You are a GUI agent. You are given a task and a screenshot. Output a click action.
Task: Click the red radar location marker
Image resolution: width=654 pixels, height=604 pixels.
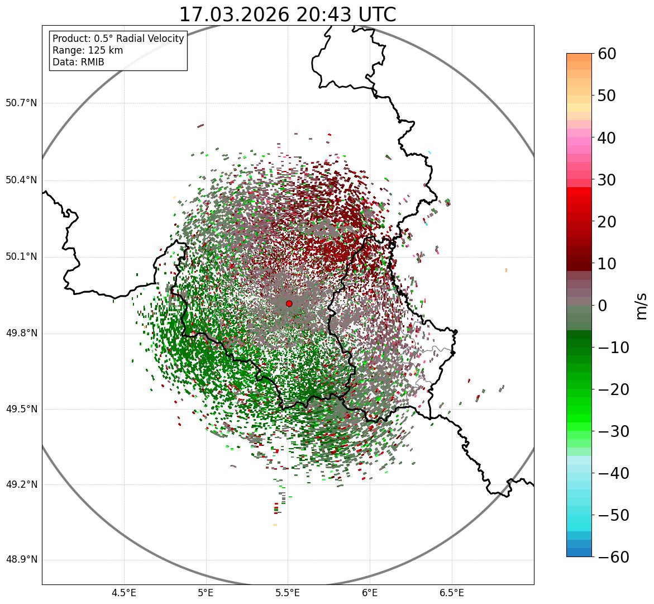coord(289,303)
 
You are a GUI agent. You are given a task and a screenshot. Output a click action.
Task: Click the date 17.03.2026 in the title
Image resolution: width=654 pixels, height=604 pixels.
coord(234,15)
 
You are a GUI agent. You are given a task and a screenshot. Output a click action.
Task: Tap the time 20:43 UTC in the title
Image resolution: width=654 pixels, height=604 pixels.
coord(346,15)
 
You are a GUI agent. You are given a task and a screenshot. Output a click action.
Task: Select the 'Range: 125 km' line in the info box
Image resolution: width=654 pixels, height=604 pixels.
coord(88,50)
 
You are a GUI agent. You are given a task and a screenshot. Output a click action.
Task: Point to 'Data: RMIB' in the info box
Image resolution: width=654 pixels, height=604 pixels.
coord(78,62)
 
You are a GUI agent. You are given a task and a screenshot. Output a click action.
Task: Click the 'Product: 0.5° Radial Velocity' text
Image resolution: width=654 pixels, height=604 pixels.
coord(118,39)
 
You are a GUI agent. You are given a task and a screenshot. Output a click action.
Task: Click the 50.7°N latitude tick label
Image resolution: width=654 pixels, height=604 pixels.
coord(21,103)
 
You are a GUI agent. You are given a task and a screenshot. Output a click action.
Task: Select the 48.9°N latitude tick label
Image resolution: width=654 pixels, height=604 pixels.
coord(21,560)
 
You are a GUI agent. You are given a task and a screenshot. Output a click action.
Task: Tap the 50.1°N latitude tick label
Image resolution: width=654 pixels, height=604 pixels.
coord(21,257)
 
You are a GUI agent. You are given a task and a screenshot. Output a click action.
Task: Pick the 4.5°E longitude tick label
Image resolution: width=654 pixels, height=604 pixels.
coord(124,593)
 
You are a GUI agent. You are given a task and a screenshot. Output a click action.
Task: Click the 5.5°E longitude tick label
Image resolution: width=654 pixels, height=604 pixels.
coord(288,593)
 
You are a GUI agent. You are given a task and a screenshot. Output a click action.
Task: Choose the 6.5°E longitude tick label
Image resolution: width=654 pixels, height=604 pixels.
coord(451,593)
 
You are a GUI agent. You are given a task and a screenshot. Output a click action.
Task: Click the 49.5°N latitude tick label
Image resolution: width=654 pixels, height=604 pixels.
coord(21,410)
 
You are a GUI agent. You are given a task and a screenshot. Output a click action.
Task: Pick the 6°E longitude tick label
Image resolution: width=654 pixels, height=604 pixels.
coord(370,593)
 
